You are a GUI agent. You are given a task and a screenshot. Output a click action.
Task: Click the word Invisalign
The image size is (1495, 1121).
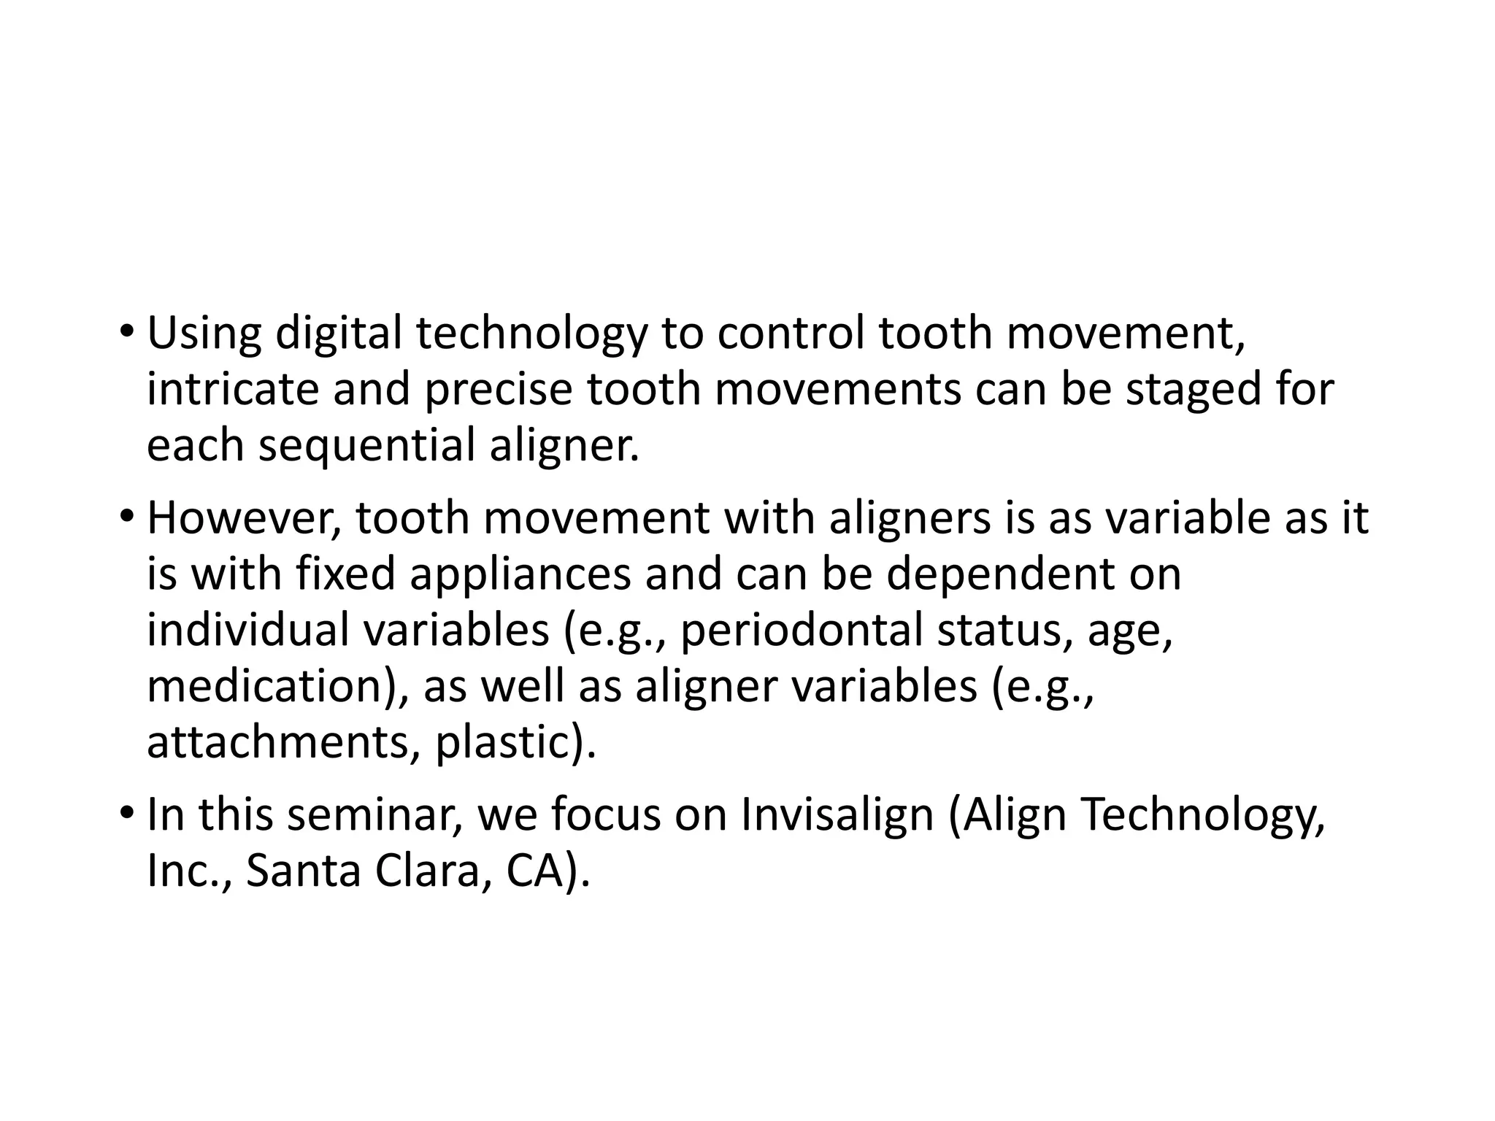pyautogui.click(x=837, y=815)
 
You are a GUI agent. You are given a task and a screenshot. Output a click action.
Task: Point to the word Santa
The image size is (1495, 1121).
pyautogui.click(x=303, y=871)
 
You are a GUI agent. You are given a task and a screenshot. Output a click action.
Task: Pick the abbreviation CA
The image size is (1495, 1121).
pyautogui.click(x=531, y=871)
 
